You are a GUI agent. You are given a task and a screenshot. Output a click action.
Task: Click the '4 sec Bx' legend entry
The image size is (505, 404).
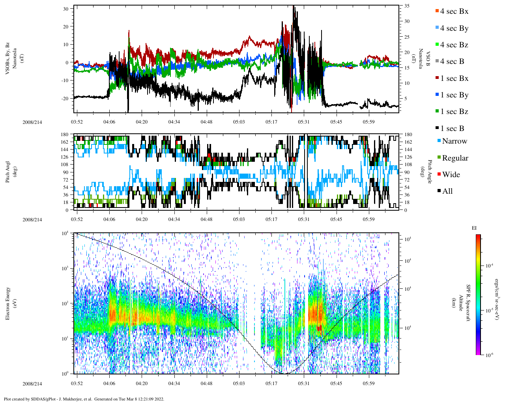(454, 11)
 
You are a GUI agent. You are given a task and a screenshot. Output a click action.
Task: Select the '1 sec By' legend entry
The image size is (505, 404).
(454, 95)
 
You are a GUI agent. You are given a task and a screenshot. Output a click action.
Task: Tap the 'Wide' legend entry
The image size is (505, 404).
(451, 175)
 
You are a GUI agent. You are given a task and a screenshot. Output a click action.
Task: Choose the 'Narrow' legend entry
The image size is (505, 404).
(454, 141)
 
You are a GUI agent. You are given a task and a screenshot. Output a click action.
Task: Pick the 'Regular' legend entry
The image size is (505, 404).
(455, 158)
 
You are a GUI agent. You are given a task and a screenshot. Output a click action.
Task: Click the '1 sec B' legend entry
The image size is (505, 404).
(452, 129)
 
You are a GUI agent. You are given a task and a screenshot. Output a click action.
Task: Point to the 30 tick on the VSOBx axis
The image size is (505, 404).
(65, 8)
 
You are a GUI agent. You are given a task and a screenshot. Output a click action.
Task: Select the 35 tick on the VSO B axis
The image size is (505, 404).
(407, 6)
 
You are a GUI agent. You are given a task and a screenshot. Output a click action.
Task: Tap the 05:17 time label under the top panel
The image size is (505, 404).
(271, 122)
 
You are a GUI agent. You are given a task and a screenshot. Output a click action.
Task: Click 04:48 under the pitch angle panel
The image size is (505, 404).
(206, 219)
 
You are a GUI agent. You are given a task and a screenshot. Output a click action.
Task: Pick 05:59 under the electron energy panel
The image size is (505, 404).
(368, 383)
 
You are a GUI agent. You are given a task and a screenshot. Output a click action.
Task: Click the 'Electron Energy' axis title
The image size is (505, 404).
(8, 303)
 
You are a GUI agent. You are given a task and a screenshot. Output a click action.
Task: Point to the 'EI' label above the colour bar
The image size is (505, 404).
(475, 228)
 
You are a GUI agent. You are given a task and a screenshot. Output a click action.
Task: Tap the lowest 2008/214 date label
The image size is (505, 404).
(32, 384)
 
